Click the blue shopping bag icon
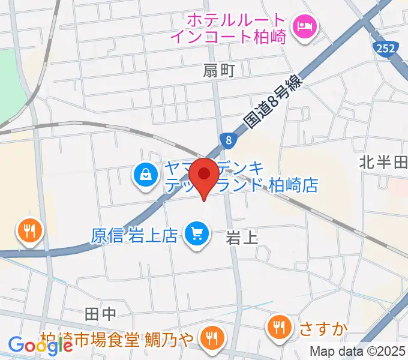pos(145,176)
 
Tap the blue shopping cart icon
pos(196,233)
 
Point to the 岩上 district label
pos(242,238)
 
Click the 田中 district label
pos(100,313)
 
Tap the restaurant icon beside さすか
pos(278,327)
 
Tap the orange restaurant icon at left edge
pos(28,229)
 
